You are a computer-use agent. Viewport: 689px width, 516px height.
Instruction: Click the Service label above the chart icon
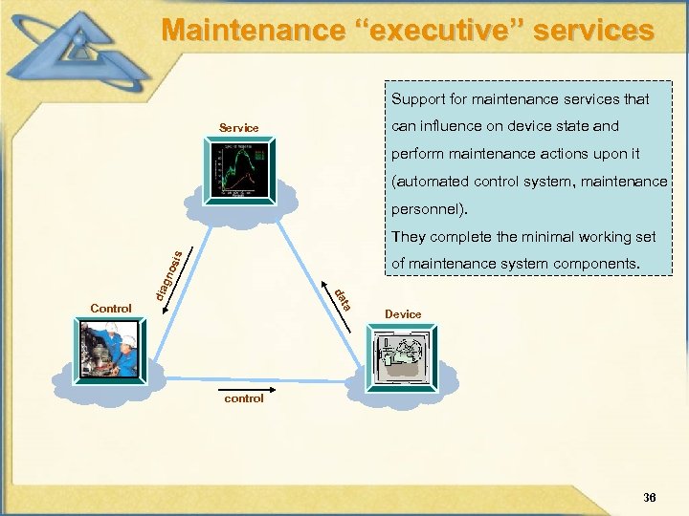[238, 127]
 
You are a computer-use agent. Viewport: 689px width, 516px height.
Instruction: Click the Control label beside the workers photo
[110, 308]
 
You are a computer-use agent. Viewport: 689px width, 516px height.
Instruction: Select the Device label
[403, 313]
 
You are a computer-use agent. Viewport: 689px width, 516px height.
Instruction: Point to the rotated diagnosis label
[168, 272]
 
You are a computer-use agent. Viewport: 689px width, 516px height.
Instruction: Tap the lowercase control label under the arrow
[243, 398]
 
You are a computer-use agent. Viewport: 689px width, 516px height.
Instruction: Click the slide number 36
[650, 497]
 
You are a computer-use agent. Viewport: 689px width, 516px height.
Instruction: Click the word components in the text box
[600, 263]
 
